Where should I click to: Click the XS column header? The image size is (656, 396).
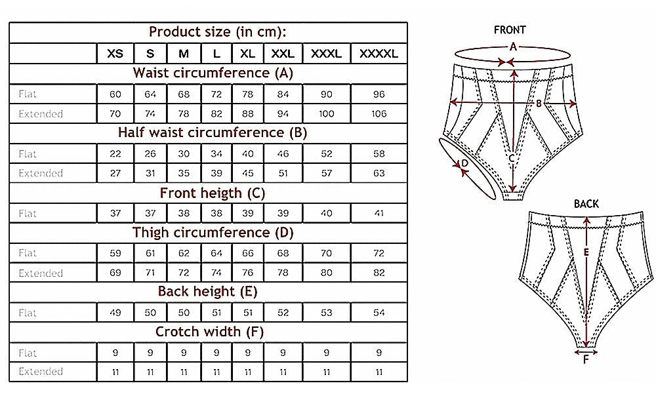[115, 54]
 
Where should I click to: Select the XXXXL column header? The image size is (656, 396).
[379, 54]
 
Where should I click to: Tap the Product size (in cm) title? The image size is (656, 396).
[218, 31]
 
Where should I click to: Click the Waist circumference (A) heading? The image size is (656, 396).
[213, 73]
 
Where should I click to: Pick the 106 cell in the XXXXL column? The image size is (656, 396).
[379, 113]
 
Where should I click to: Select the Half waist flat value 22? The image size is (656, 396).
[115, 154]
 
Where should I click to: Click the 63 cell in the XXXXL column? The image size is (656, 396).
[379, 173]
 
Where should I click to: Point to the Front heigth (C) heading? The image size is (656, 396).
[213, 193]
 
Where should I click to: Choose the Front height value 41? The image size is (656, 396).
[379, 213]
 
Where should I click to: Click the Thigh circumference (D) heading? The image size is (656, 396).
[213, 233]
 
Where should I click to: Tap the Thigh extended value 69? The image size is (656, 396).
[115, 273]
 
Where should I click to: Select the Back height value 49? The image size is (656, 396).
[115, 312]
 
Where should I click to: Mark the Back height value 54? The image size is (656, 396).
[379, 312]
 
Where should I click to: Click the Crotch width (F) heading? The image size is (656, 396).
[209, 332]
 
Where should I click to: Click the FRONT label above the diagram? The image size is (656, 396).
[510, 30]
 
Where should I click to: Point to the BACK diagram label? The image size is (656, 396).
[586, 204]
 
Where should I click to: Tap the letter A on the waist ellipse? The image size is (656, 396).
[513, 47]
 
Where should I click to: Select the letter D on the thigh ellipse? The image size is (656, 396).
[465, 163]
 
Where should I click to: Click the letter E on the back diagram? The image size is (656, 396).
[586, 252]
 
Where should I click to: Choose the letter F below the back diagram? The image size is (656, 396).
[586, 360]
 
